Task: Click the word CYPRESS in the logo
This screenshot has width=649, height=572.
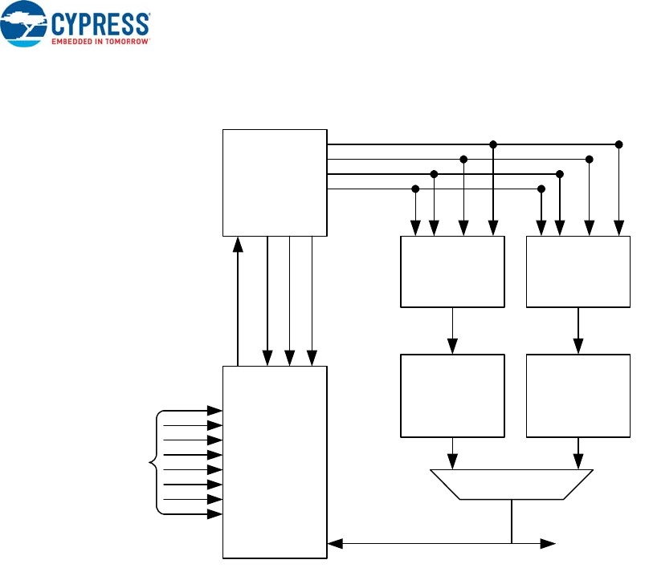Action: [100, 22]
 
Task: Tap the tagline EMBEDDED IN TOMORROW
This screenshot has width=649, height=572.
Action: [100, 39]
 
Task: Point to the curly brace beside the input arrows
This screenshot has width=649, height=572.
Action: [154, 462]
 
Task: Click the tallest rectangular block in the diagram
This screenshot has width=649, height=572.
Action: [275, 461]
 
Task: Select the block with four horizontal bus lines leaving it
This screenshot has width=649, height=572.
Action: [275, 182]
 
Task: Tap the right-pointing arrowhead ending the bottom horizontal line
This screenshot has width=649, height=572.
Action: [549, 544]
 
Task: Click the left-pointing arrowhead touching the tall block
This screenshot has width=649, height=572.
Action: [335, 544]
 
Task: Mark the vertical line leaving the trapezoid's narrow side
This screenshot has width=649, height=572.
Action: [512, 521]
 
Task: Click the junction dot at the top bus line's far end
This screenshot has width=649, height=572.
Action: [618, 144]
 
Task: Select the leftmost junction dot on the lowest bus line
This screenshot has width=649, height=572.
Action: [415, 189]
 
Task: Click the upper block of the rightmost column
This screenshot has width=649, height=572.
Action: [578, 272]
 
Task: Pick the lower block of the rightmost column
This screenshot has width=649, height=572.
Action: [578, 396]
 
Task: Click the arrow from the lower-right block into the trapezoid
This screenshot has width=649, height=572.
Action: [578, 455]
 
